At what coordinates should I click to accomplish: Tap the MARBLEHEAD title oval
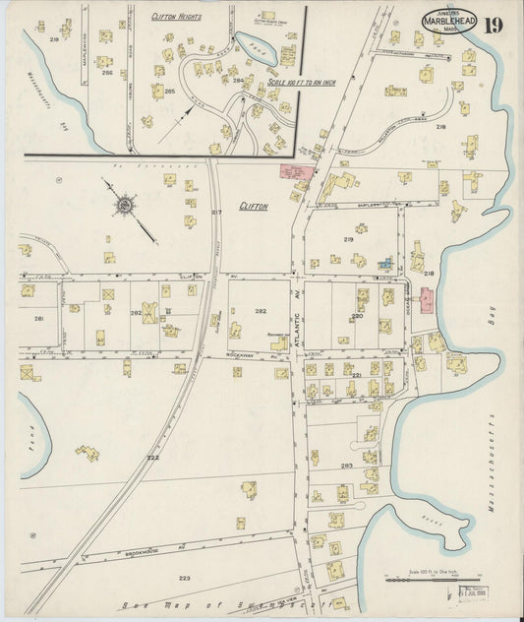(449, 21)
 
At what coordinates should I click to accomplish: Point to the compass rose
(126, 206)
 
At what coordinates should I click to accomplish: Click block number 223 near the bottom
(184, 578)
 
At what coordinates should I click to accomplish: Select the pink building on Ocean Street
(426, 300)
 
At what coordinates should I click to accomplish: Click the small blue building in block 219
(387, 264)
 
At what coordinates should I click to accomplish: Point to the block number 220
(357, 316)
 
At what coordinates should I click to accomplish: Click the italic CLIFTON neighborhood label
(254, 208)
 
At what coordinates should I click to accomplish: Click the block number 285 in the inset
(169, 91)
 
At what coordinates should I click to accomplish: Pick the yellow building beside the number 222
(87, 453)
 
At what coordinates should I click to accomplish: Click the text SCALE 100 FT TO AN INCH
(300, 83)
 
